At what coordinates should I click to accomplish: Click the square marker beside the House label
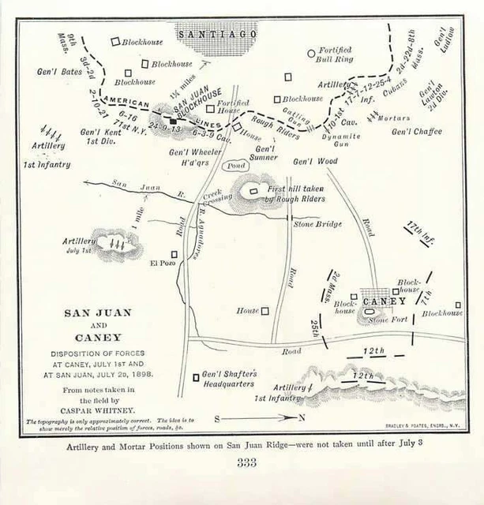click(265, 311)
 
